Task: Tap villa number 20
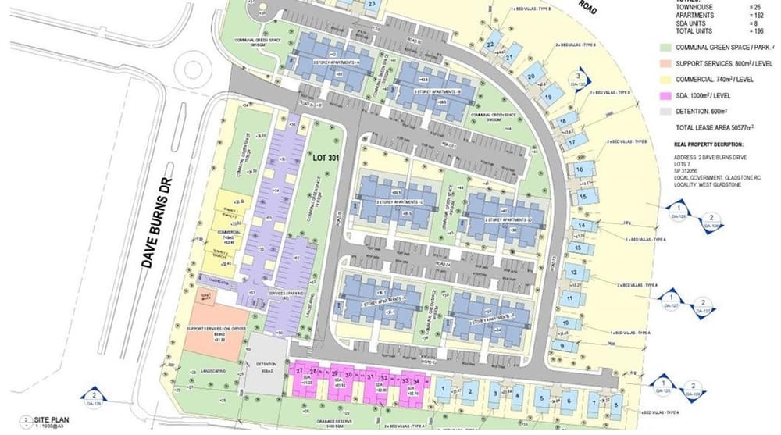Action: coord(530,77)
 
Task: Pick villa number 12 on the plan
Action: coord(574,273)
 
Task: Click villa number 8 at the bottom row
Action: coord(615,405)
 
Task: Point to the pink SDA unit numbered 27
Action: coord(300,369)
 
